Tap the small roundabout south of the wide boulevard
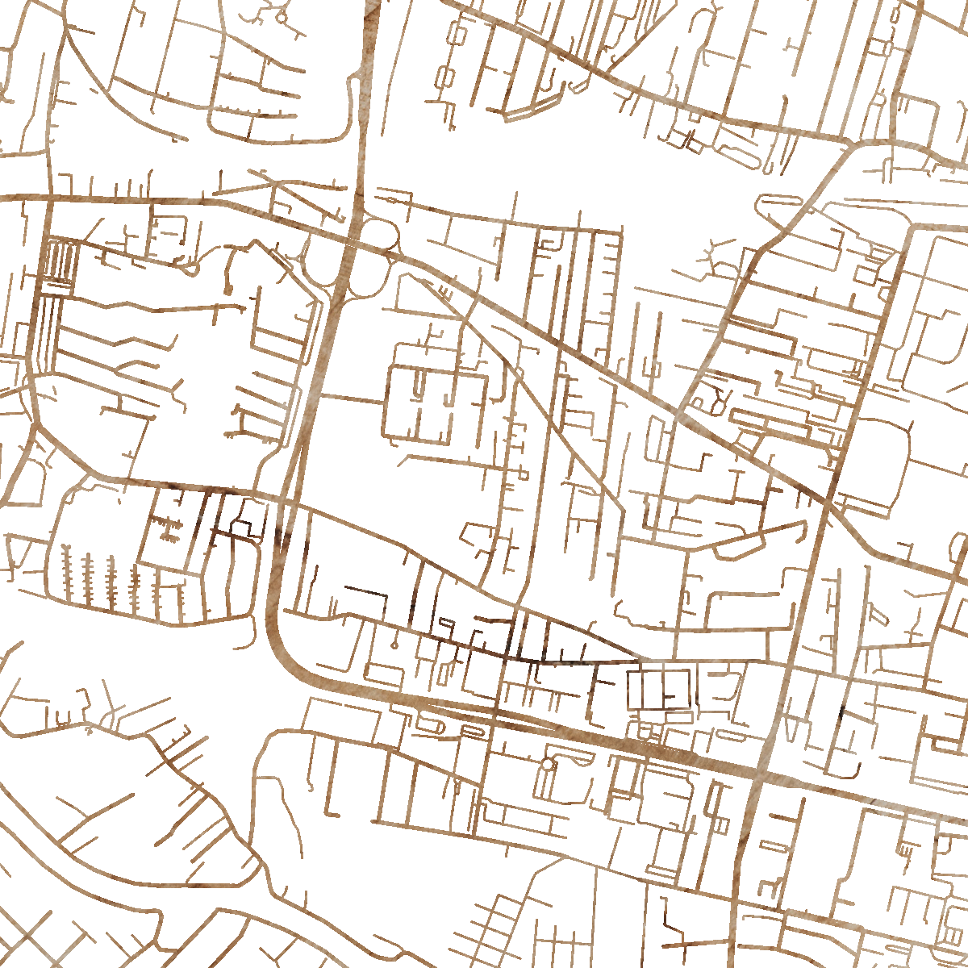(547, 763)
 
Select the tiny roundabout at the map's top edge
(281, 15)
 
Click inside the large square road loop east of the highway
(436, 403)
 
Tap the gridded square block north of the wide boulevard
(660, 690)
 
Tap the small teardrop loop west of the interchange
(191, 267)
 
